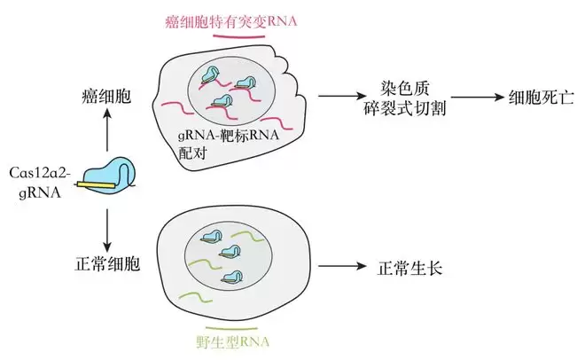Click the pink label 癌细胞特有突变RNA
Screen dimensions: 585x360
click(x=231, y=21)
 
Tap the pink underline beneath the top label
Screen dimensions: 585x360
click(x=238, y=37)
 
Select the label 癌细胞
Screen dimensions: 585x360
click(x=106, y=97)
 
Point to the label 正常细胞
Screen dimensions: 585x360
click(x=107, y=263)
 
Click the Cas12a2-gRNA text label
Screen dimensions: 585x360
click(x=40, y=183)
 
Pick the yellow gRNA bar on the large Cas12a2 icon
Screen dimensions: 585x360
click(x=96, y=184)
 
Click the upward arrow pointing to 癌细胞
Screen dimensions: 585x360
click(x=107, y=129)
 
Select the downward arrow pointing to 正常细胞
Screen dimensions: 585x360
click(x=107, y=231)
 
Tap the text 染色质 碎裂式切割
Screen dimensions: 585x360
click(x=405, y=98)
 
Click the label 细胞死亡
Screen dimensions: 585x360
click(x=542, y=98)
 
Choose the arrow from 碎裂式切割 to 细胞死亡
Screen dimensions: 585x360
click(x=478, y=98)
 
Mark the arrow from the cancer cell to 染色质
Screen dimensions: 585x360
click(x=342, y=97)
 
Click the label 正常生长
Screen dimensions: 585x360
click(x=409, y=269)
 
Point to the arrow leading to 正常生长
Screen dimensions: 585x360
click(x=342, y=266)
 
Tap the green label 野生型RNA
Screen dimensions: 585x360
click(x=232, y=342)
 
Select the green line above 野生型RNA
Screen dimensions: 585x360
click(x=231, y=330)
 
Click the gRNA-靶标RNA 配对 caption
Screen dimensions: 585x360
click(x=229, y=144)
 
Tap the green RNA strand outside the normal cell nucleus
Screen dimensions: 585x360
click(x=196, y=296)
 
